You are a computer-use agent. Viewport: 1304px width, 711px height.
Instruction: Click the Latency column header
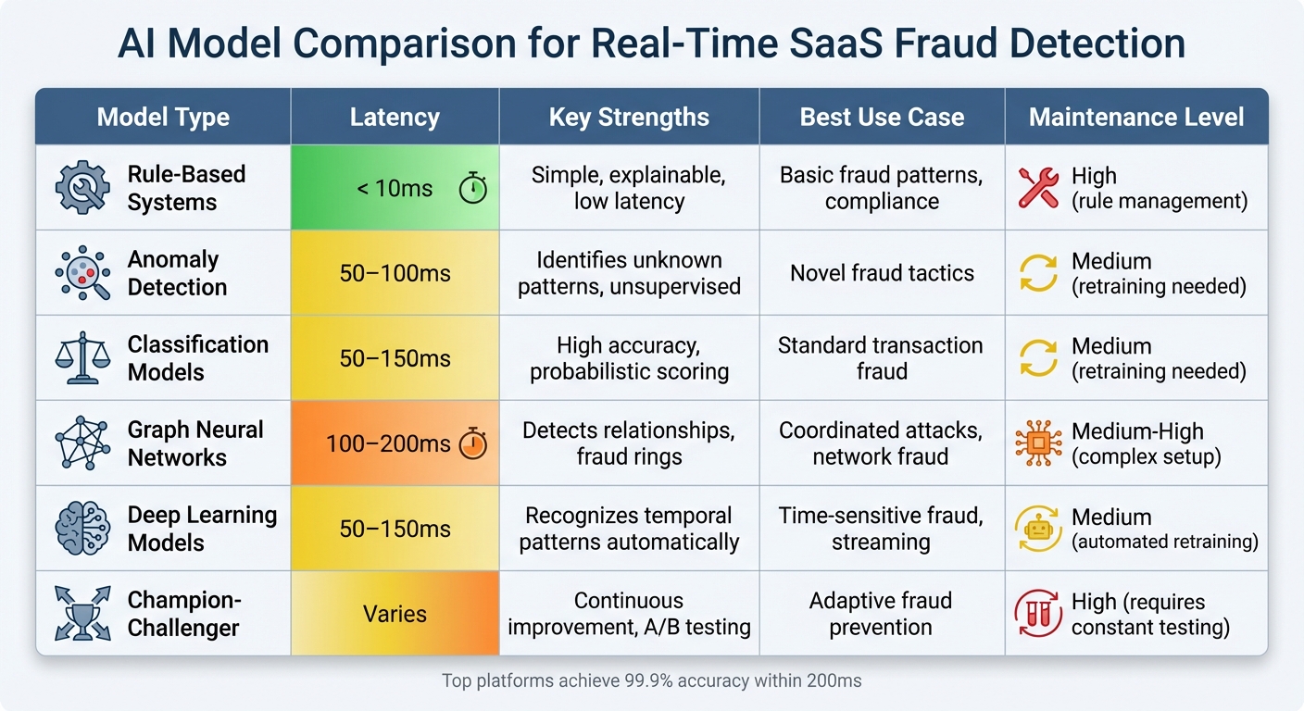tap(395, 118)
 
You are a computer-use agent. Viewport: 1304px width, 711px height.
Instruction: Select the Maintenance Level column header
tap(1136, 118)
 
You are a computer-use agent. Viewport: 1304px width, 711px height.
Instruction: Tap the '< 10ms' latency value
tap(395, 189)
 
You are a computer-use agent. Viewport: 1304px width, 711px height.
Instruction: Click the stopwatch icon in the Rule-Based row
tap(473, 189)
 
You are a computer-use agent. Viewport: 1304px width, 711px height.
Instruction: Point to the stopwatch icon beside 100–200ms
tap(473, 444)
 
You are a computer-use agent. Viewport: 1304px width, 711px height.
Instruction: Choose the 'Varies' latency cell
tap(395, 614)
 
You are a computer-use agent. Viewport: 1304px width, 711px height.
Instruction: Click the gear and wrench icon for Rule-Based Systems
tap(82, 188)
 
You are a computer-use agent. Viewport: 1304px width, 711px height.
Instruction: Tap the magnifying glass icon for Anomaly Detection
tap(82, 273)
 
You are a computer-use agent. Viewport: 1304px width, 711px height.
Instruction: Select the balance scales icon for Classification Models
tap(82, 358)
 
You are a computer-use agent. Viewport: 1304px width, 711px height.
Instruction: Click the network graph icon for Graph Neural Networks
tap(82, 443)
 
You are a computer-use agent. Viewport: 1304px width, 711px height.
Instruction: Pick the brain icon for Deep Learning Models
tap(82, 529)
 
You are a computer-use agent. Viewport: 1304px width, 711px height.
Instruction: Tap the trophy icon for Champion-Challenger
tap(82, 614)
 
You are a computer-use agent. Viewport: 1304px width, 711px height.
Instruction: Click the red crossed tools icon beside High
tap(1037, 188)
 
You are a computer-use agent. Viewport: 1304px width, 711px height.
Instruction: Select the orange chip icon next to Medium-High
tap(1037, 443)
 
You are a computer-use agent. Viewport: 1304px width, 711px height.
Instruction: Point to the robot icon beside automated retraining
tap(1037, 529)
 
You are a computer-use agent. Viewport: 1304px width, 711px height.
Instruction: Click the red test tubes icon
tap(1037, 614)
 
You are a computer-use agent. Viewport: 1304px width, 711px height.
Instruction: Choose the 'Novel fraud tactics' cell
tap(882, 273)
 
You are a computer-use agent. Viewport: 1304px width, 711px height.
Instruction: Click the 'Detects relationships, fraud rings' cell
tap(629, 443)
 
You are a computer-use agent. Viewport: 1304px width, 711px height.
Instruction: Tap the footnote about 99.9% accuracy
tap(651, 681)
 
